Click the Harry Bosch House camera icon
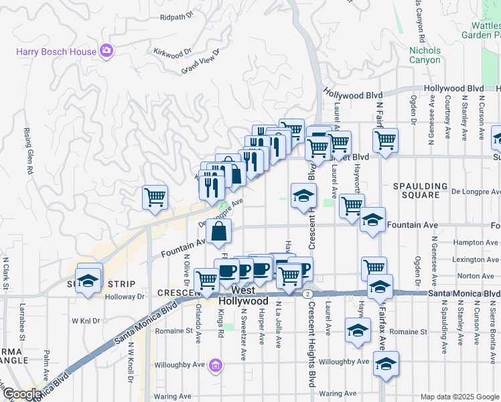point(106,51)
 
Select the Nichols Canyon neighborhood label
point(425,55)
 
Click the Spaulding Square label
point(420,190)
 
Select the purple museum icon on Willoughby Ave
point(215,365)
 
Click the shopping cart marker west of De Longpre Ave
point(155,198)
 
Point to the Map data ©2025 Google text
point(459,397)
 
